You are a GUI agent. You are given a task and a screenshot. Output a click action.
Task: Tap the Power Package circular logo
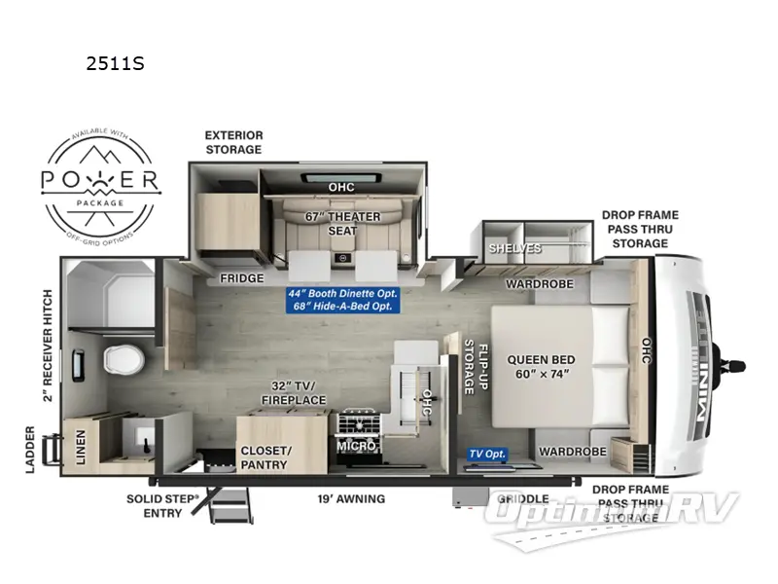[x=100, y=180]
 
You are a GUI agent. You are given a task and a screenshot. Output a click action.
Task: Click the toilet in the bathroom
[x=119, y=361]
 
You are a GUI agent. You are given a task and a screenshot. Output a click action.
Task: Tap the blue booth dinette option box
[x=341, y=300]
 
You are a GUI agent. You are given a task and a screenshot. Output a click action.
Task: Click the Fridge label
[x=241, y=278]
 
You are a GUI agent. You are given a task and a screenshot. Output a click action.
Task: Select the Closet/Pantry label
[x=265, y=457]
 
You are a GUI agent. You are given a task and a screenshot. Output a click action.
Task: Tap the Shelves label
[x=514, y=248]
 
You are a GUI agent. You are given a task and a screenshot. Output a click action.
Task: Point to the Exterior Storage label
[x=232, y=142]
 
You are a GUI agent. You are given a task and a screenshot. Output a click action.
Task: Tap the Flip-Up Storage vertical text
[x=469, y=366]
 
